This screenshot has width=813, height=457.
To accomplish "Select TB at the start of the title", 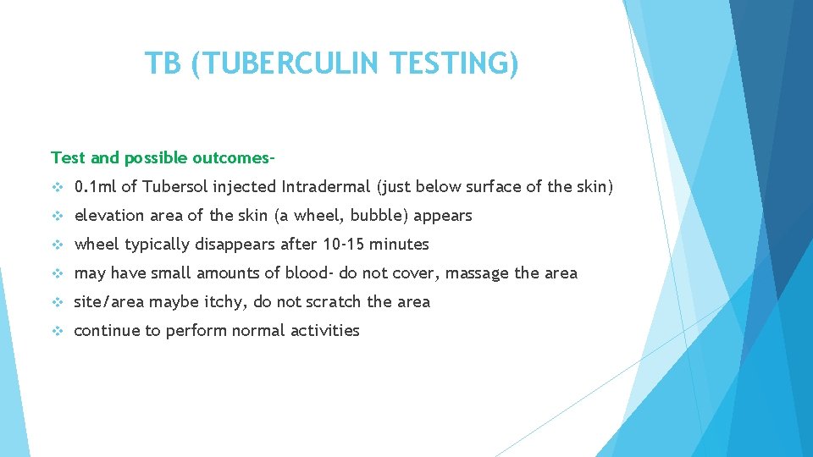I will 163,63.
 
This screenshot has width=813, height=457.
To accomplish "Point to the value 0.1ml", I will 96,187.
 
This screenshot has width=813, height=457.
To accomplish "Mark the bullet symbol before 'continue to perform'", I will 58,331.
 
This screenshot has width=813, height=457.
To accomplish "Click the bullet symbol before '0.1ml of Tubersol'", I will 58,187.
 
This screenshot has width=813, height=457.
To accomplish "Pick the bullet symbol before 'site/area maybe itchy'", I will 58,302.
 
